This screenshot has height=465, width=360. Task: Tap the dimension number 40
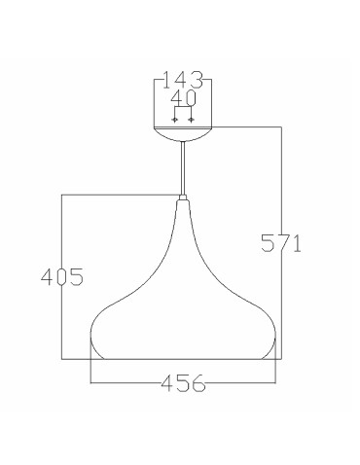183,98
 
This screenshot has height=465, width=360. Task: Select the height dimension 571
280,242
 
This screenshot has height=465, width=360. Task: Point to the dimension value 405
61,276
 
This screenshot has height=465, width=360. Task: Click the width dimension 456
183,383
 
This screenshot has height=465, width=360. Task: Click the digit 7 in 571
280,242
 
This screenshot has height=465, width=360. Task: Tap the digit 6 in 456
199,383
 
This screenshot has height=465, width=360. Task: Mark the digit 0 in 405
61,276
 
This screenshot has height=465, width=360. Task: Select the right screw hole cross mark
191,120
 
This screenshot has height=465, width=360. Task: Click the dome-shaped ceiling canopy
183,133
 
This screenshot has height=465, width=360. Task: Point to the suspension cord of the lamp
183,170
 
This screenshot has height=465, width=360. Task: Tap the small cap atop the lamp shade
183,202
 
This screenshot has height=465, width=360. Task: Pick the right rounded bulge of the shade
269,336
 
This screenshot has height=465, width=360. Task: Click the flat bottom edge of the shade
183,359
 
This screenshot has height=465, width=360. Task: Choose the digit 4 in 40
175,98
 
